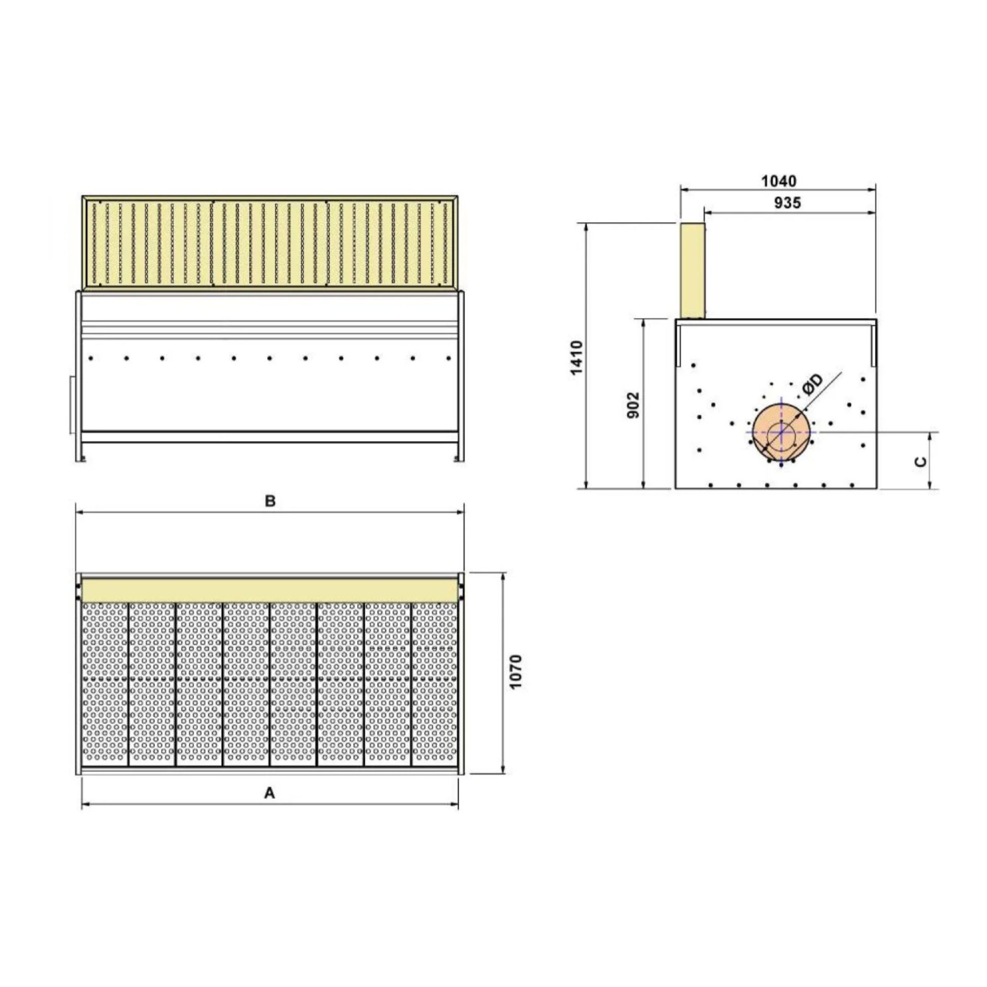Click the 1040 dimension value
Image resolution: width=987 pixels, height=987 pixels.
779,181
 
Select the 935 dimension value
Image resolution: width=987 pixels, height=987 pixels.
787,203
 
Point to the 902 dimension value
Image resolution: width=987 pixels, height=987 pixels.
634,405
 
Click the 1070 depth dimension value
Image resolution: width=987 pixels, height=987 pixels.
517,672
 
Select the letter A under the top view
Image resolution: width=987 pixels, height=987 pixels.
269,794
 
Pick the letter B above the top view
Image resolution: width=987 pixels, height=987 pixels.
270,501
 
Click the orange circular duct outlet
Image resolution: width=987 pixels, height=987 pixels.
781,432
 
